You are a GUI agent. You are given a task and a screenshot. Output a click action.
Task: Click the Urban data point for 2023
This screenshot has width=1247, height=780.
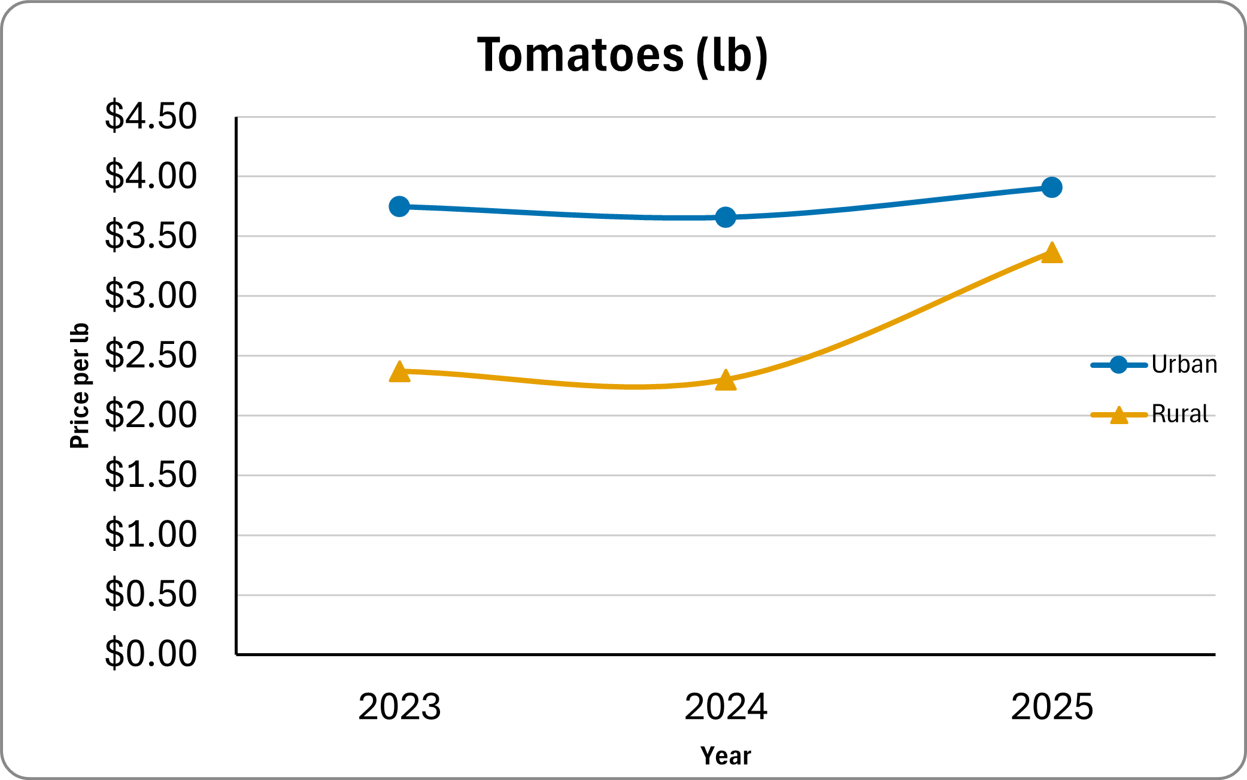(x=399, y=206)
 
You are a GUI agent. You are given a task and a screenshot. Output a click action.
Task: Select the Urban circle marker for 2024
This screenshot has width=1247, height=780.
(x=726, y=217)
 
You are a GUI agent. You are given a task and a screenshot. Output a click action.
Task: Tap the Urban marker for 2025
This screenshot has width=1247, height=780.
(x=1052, y=187)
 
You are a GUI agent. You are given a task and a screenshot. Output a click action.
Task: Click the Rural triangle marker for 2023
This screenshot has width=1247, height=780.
(x=399, y=372)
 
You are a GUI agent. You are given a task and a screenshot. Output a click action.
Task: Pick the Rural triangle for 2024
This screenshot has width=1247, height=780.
(x=726, y=380)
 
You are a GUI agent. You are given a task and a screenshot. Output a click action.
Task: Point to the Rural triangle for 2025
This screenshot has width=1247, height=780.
(x=1052, y=253)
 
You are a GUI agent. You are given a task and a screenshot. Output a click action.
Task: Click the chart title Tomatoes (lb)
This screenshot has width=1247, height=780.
(x=623, y=55)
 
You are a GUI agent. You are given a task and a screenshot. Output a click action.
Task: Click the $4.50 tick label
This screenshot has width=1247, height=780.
(x=151, y=116)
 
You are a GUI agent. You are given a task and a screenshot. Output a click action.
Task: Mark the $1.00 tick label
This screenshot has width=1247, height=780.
(x=151, y=534)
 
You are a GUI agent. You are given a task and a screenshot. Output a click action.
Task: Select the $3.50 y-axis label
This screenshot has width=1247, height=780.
(x=151, y=236)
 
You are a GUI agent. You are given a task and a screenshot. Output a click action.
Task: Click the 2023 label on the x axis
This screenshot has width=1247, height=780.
(x=399, y=706)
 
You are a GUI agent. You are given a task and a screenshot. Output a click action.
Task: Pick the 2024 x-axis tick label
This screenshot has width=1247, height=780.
(x=726, y=706)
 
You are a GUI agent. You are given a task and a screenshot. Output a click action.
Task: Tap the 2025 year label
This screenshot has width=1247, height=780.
(x=1052, y=706)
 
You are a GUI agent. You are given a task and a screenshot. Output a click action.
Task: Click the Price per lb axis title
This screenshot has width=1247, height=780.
(x=80, y=386)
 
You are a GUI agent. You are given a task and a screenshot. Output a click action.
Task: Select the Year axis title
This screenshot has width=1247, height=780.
(x=726, y=756)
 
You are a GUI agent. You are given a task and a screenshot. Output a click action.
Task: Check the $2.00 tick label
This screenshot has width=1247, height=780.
(x=151, y=415)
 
